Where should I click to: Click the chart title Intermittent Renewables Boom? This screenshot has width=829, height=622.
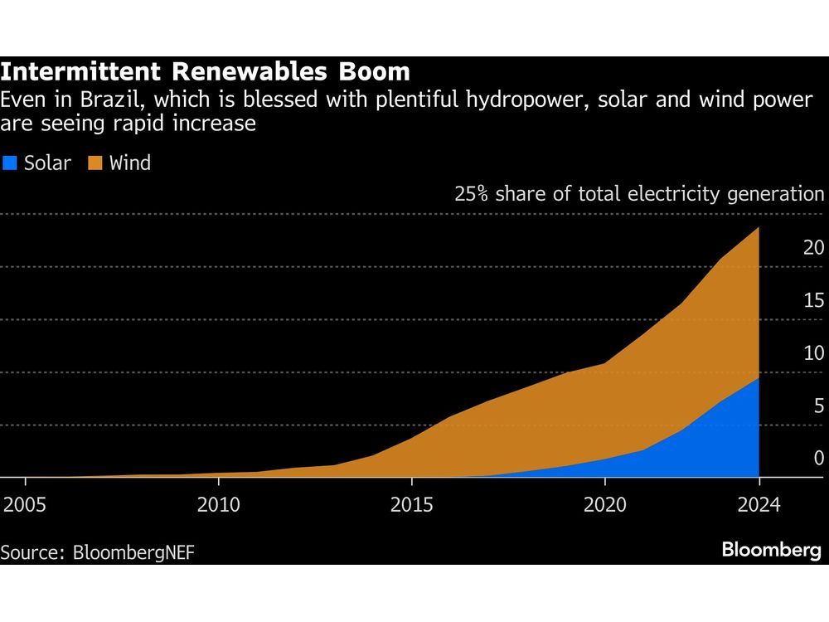point(205,72)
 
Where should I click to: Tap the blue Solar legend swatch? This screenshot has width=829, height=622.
point(10,163)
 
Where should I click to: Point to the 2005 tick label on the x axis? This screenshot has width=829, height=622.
point(26,505)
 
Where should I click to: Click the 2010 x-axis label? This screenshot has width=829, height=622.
point(219,505)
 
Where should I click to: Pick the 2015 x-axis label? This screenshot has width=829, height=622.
point(412,505)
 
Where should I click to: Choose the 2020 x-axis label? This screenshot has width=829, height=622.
point(605,505)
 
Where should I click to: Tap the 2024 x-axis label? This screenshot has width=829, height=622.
point(759,505)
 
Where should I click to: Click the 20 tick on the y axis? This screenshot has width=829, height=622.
point(813,247)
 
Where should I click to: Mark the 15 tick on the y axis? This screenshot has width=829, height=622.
point(813,300)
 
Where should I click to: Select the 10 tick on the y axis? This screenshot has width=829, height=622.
point(813,353)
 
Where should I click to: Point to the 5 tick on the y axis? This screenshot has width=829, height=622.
point(818,406)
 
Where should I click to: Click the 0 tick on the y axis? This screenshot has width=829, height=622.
point(818,458)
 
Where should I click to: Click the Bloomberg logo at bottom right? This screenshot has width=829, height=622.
point(771,550)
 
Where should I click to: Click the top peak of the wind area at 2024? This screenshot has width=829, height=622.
point(758,229)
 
